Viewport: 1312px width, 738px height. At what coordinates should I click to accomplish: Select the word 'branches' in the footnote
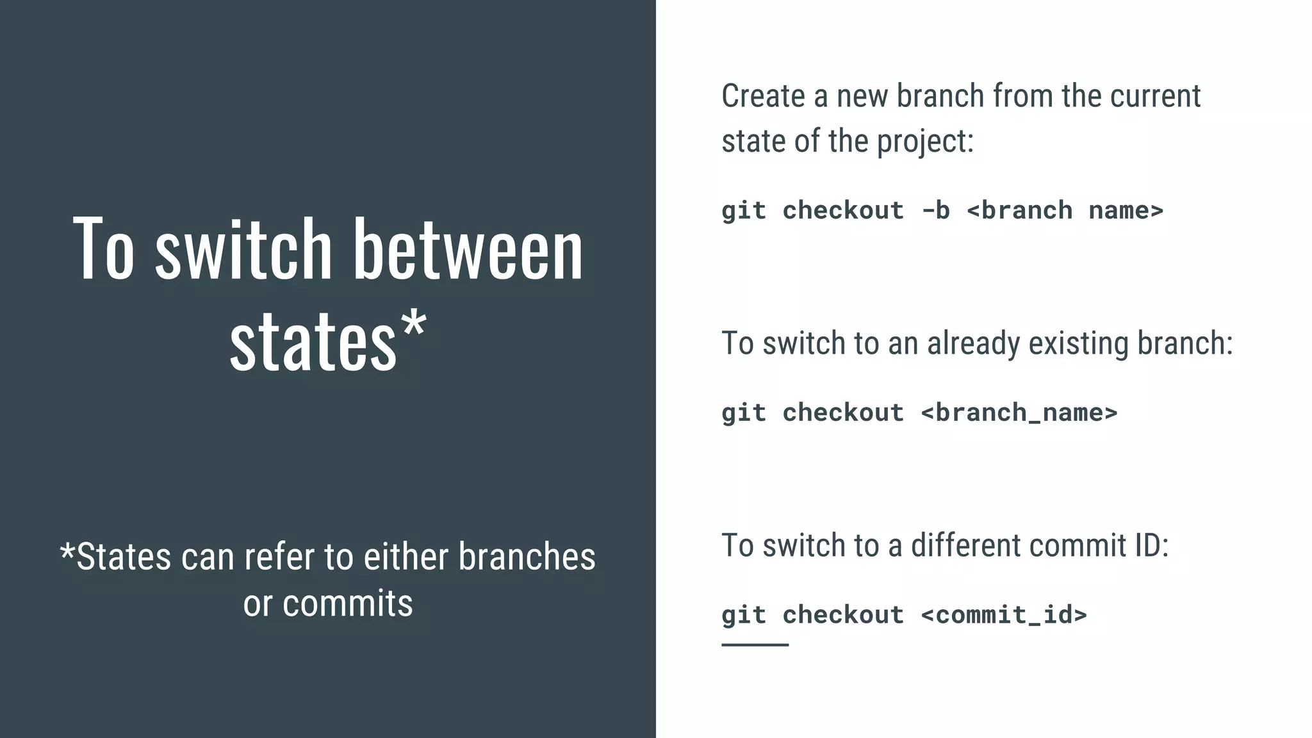coord(527,557)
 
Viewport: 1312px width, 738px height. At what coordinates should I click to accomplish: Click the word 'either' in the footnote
coord(406,557)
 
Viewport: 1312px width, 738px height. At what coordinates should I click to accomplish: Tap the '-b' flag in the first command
coord(935,211)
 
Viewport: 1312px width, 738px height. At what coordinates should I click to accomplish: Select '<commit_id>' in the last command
coord(1004,615)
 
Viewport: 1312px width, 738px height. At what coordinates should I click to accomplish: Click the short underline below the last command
coord(755,644)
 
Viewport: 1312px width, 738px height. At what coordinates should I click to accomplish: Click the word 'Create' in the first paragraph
coord(763,96)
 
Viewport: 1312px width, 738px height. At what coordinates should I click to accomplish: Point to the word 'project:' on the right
coord(925,142)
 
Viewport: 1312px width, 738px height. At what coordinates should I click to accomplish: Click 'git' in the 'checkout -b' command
coord(743,211)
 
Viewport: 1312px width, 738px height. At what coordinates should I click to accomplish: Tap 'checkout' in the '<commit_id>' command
coord(843,615)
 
